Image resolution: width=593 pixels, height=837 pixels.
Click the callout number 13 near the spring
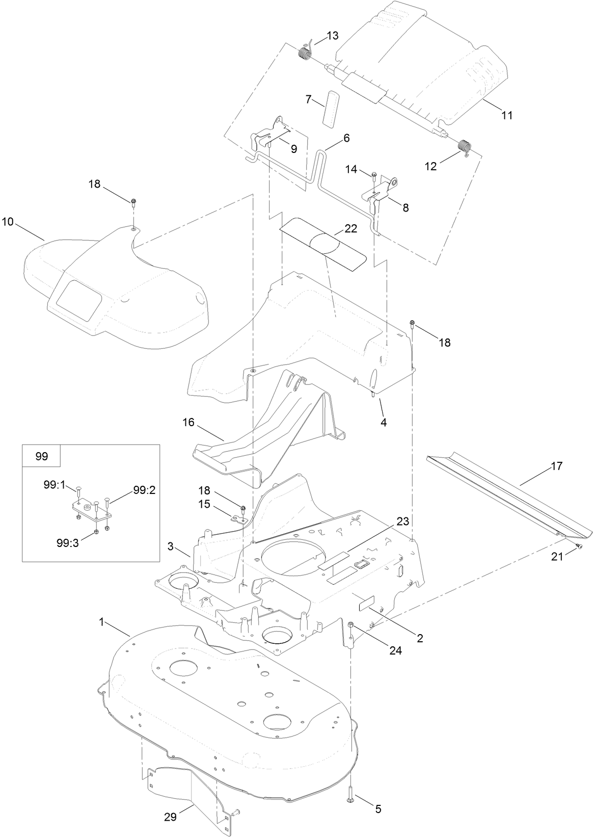(332, 36)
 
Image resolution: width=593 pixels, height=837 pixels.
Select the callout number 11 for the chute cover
(506, 115)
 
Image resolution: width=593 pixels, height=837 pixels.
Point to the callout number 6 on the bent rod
(346, 138)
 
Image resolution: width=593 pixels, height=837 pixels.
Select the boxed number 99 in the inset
(42, 456)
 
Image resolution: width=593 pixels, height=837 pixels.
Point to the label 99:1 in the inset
(55, 487)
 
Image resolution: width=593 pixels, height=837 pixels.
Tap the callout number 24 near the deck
(395, 650)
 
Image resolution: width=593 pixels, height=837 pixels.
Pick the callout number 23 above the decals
(402, 522)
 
